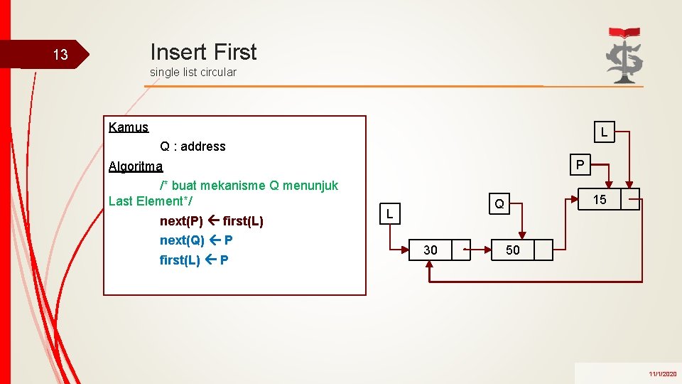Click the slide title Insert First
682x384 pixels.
pos(203,52)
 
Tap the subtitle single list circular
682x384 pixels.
pos(193,72)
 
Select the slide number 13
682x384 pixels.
pos(60,55)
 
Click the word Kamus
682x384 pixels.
pos(129,127)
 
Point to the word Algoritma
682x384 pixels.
pos(135,166)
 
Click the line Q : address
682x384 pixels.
pos(193,146)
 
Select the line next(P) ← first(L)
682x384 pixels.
pos(211,221)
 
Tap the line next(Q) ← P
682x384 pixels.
pos(196,240)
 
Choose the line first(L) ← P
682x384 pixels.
pos(194,260)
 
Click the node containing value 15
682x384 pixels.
pos(600,200)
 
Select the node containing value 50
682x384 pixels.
pos(512,250)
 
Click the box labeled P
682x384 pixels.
pos(580,165)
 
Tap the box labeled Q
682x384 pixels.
pos(499,204)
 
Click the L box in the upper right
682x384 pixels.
pos(604,132)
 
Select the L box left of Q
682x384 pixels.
pos(390,213)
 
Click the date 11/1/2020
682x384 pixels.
pos(662,373)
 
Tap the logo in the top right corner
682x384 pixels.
pos(624,55)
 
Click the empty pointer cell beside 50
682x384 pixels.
pos(543,250)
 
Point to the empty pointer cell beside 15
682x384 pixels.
pos(630,200)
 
